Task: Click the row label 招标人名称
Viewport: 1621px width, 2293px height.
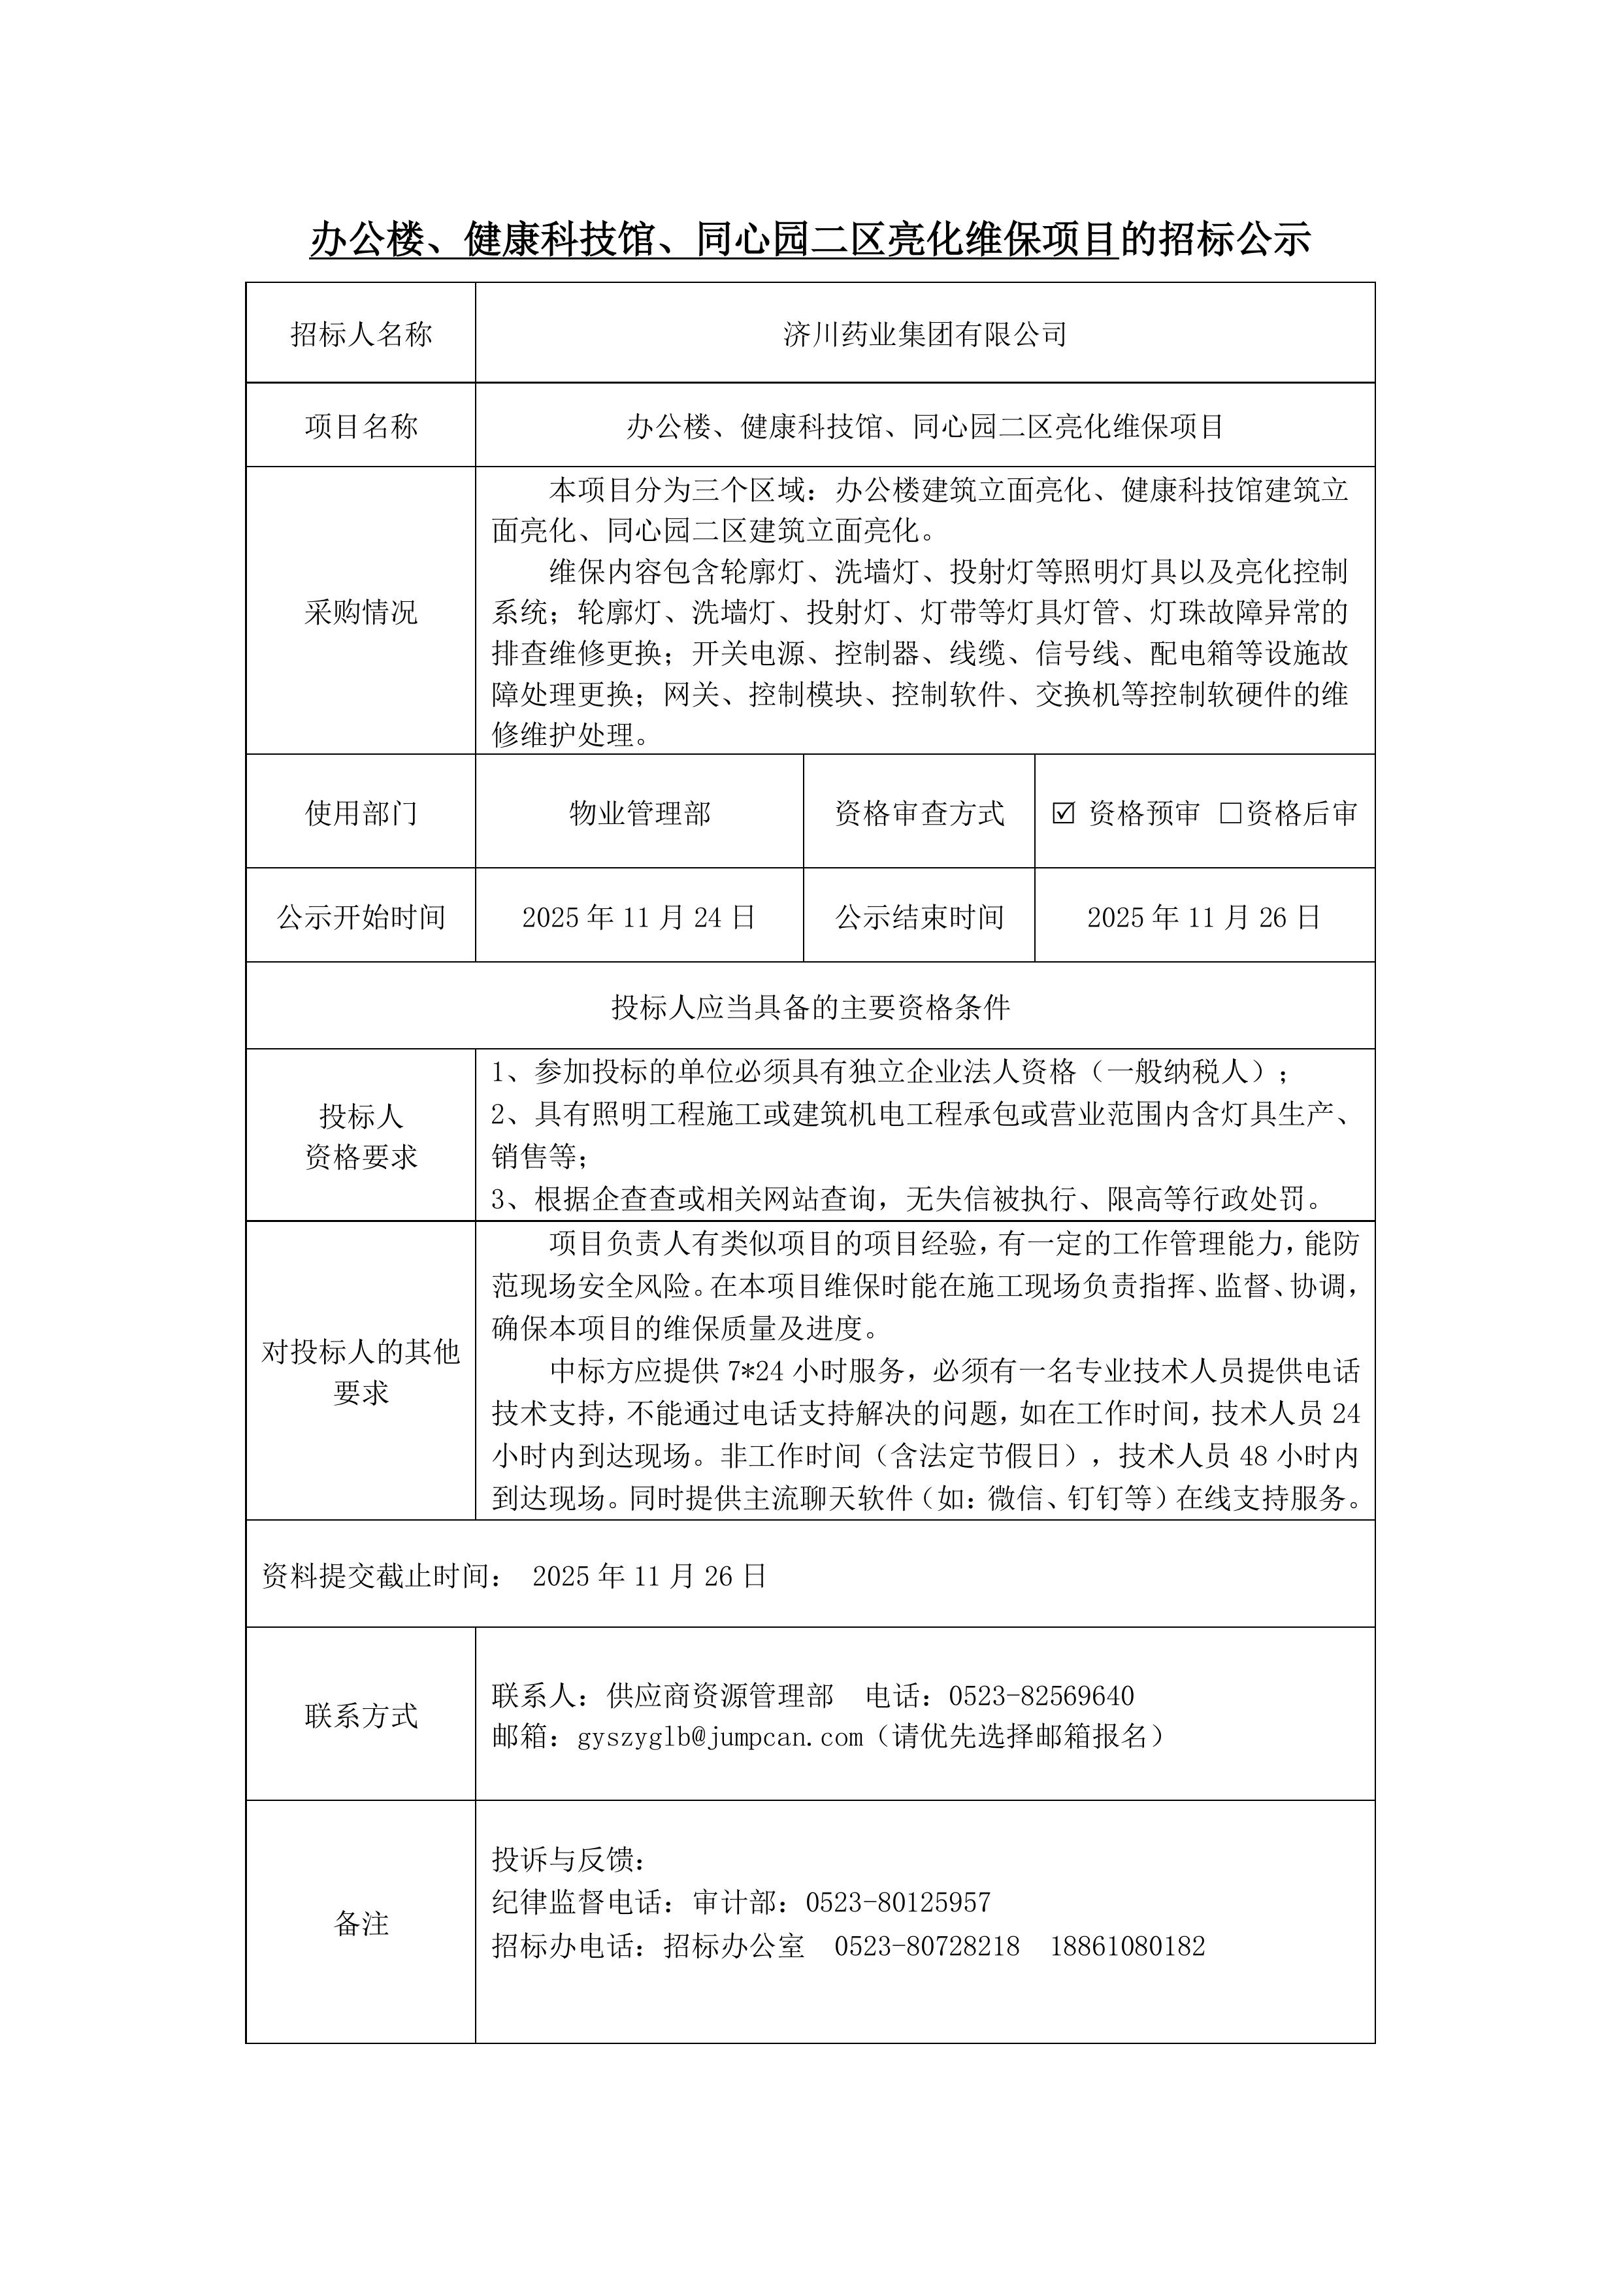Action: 361,335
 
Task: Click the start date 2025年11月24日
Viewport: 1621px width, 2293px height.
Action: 638,917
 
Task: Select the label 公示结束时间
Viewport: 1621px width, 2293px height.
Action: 919,917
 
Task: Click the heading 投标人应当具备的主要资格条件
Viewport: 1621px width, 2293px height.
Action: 810,1007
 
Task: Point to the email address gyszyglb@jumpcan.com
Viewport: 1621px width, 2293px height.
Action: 720,1737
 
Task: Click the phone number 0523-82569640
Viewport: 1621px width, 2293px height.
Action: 1041,1696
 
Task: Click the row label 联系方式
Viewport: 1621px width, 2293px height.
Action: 361,1716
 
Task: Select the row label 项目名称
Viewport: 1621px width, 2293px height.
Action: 361,427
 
